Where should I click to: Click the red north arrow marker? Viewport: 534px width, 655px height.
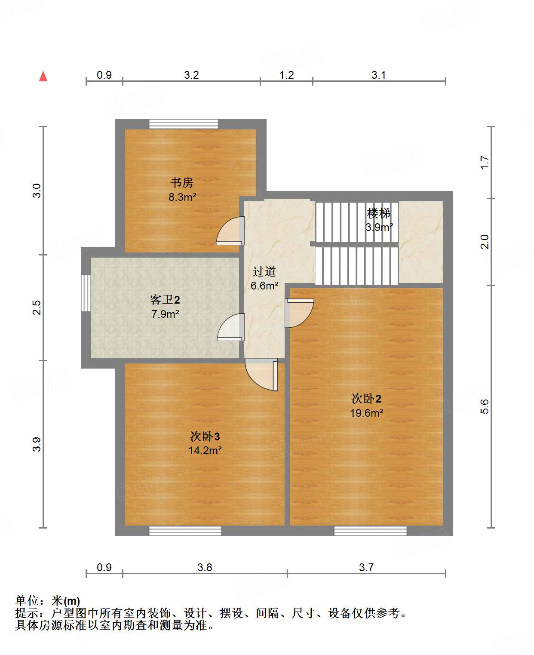tap(43, 77)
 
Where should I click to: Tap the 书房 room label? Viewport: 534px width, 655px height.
tap(182, 183)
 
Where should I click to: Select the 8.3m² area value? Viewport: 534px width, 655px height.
tap(182, 197)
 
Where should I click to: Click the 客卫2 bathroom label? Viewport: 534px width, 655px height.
tap(165, 299)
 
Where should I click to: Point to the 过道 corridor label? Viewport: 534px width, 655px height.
tap(264, 271)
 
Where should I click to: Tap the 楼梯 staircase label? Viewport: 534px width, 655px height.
tap(379, 213)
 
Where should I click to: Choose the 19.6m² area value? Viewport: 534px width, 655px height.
tap(366, 413)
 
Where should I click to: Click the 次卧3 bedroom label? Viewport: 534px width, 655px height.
tap(205, 437)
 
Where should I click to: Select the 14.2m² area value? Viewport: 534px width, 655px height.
tap(205, 451)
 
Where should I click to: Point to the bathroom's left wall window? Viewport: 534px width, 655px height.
tap(86, 293)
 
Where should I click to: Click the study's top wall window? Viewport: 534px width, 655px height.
tap(184, 124)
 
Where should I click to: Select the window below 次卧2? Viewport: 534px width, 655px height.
tap(370, 531)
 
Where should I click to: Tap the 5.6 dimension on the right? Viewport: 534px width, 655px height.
tap(485, 406)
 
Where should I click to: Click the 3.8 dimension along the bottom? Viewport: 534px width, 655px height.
tap(205, 567)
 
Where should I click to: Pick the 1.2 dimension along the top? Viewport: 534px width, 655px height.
tap(286, 75)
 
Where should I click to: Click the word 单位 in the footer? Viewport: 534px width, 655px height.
tap(27, 600)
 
